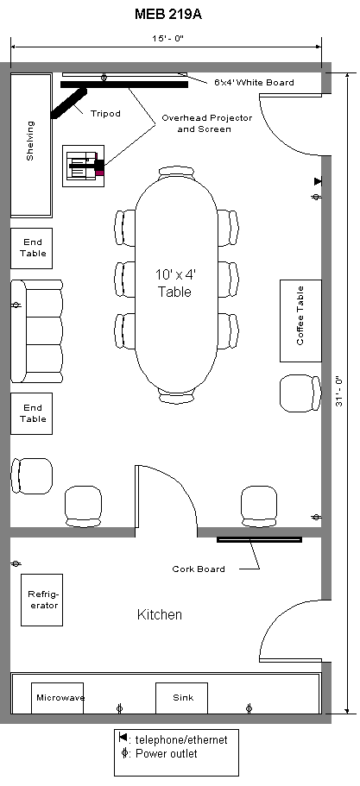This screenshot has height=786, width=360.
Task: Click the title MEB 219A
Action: (x=168, y=15)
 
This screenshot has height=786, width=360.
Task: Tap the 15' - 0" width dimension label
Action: (x=168, y=38)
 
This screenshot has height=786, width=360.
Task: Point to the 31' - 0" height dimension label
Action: (x=339, y=391)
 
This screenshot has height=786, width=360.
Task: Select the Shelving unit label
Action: (x=30, y=141)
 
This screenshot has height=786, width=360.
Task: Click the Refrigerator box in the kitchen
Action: (x=41, y=600)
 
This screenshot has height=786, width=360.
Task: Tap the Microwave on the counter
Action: (x=58, y=698)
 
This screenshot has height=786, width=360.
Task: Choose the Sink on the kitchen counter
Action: (x=181, y=698)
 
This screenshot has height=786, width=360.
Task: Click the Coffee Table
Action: (x=300, y=321)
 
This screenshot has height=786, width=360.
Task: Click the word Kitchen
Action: (x=160, y=614)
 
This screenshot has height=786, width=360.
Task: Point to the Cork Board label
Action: (x=199, y=569)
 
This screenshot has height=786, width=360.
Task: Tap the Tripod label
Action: (x=105, y=113)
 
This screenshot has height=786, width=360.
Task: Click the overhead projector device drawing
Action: (x=84, y=166)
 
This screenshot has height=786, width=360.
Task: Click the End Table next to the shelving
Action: (x=32, y=248)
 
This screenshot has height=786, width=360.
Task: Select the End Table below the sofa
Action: (x=32, y=413)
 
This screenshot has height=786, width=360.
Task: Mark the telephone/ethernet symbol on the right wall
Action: (x=318, y=181)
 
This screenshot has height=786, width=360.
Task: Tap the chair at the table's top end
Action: (x=176, y=173)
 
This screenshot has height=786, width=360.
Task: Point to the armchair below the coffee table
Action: (x=300, y=393)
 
